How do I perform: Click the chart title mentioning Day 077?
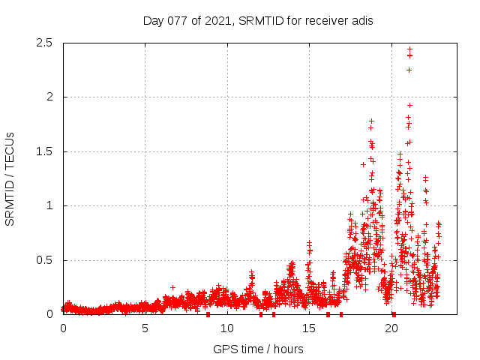point(258,20)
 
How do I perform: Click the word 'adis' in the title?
point(360,20)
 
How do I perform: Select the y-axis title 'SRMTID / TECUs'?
point(10,178)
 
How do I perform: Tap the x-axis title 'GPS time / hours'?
point(258,349)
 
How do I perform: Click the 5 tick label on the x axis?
point(145,328)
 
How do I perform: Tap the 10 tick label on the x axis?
point(227,328)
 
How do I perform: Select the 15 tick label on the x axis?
point(310,328)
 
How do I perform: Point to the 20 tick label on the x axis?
point(391,328)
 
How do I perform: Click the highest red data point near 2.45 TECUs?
point(409,49)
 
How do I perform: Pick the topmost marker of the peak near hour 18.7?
point(370,121)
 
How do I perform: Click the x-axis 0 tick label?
point(63,328)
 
